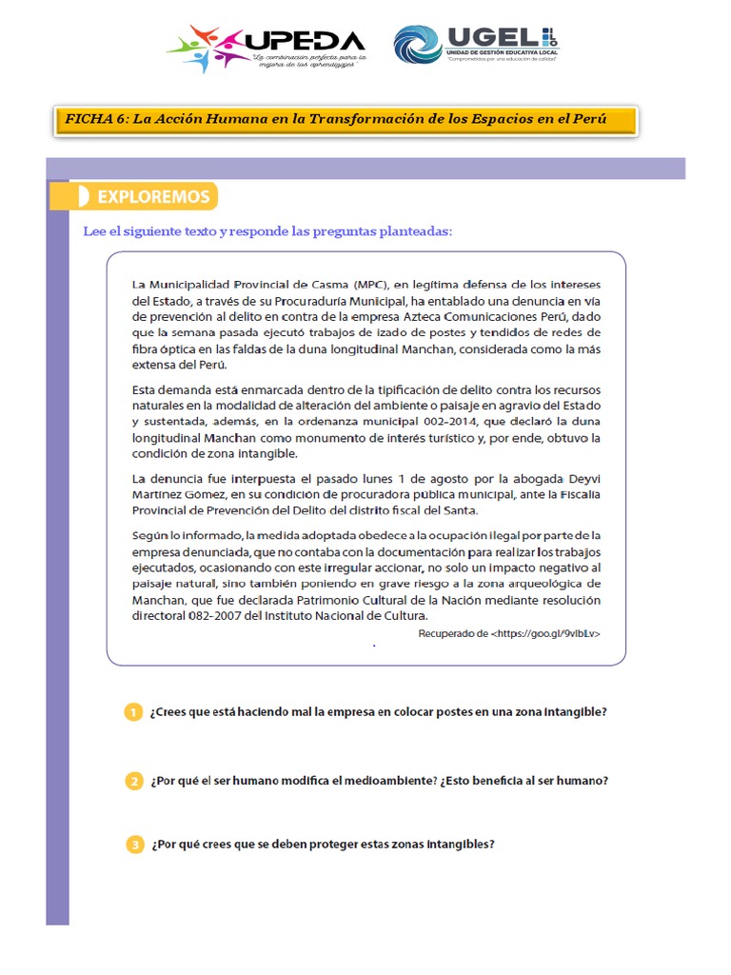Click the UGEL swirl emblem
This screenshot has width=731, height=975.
click(418, 45)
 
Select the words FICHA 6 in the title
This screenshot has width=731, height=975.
click(94, 119)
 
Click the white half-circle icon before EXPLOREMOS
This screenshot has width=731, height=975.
click(84, 197)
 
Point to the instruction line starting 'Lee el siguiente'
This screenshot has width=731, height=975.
click(268, 231)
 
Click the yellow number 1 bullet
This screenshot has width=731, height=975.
click(134, 713)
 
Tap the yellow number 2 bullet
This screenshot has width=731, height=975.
click(134, 781)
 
